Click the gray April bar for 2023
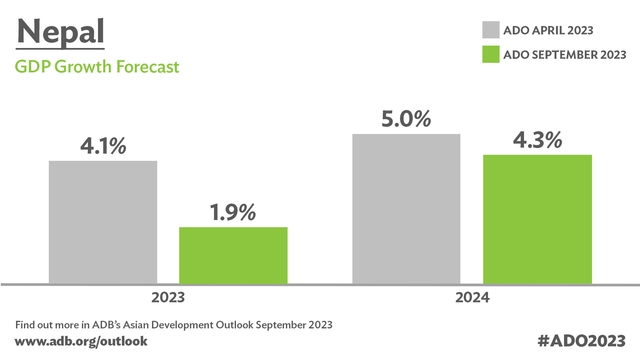tap(103, 222)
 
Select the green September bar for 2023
tap(233, 255)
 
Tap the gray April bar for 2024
tap(406, 209)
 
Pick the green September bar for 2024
tap(537, 219)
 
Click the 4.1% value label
tap(103, 146)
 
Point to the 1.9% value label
tap(233, 212)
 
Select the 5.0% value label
tap(406, 119)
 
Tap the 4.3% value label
tap(537, 140)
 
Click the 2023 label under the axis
tap(168, 298)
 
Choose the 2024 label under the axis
tap(472, 298)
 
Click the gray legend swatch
tap(491, 30)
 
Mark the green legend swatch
tap(491, 54)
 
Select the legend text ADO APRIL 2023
tap(548, 30)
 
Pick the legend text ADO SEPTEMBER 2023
tap(564, 55)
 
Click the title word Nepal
tap(60, 32)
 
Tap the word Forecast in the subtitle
tap(148, 67)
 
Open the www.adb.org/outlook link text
tap(81, 341)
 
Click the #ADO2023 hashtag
tap(582, 341)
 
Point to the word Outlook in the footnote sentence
tap(234, 325)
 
